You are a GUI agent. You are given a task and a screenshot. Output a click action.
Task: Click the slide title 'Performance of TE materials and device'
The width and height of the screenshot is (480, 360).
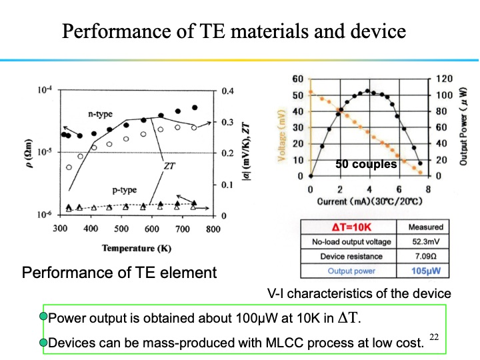point(233,31)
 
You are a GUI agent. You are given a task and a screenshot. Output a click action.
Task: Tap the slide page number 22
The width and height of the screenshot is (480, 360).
point(434,338)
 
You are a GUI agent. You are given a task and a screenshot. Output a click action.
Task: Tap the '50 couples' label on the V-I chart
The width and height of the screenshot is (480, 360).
point(366,164)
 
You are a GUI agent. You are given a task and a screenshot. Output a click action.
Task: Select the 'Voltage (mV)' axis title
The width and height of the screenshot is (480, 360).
point(282,127)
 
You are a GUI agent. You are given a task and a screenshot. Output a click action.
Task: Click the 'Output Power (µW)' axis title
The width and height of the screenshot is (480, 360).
point(463,127)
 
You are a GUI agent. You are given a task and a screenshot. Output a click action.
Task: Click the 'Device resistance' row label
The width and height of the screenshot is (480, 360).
point(351,256)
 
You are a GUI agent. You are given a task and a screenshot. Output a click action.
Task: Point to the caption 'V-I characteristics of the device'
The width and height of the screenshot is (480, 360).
point(359,293)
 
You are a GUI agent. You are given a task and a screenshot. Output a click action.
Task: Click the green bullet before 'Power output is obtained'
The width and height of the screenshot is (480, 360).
point(44,317)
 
